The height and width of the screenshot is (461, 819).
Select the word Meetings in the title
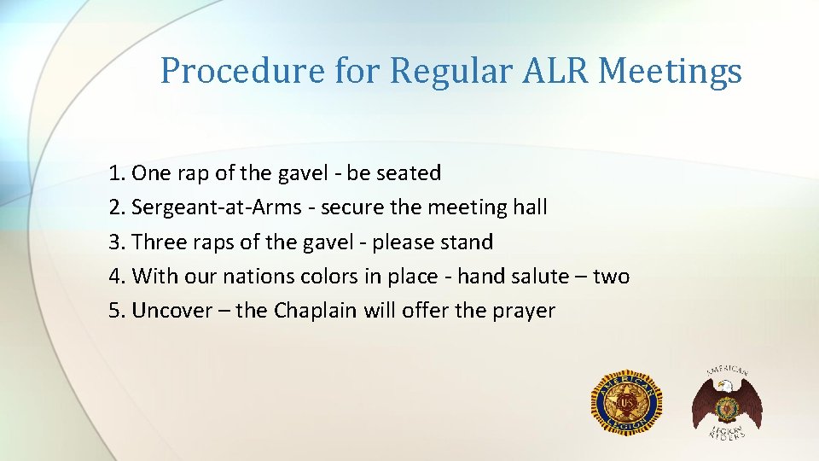pos(670,71)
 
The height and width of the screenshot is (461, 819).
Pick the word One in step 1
pos(151,173)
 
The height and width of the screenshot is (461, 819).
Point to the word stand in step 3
pos(467,242)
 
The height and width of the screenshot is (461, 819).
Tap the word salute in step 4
pos(537,277)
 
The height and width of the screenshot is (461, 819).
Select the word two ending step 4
pos(611,277)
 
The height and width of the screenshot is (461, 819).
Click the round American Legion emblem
pos(626,402)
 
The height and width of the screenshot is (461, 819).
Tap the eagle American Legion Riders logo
pos(726,402)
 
